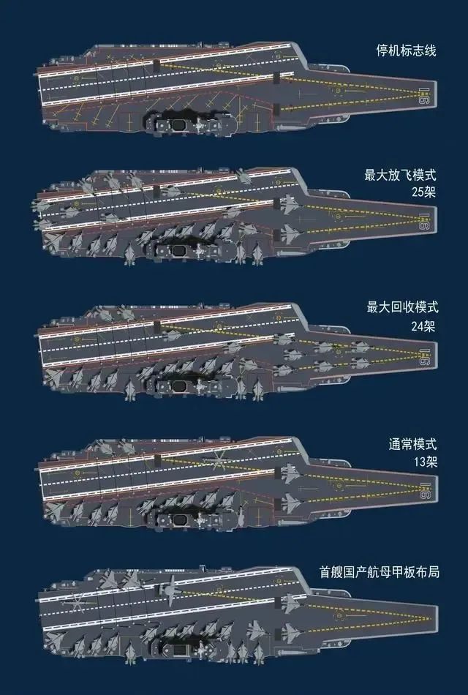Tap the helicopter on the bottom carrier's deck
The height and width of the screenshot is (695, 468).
pos(76,602)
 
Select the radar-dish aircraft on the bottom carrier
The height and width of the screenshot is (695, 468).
pos(170,590)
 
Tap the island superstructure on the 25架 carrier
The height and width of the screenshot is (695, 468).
pos(183,251)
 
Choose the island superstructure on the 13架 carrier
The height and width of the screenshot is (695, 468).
pos(183,517)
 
